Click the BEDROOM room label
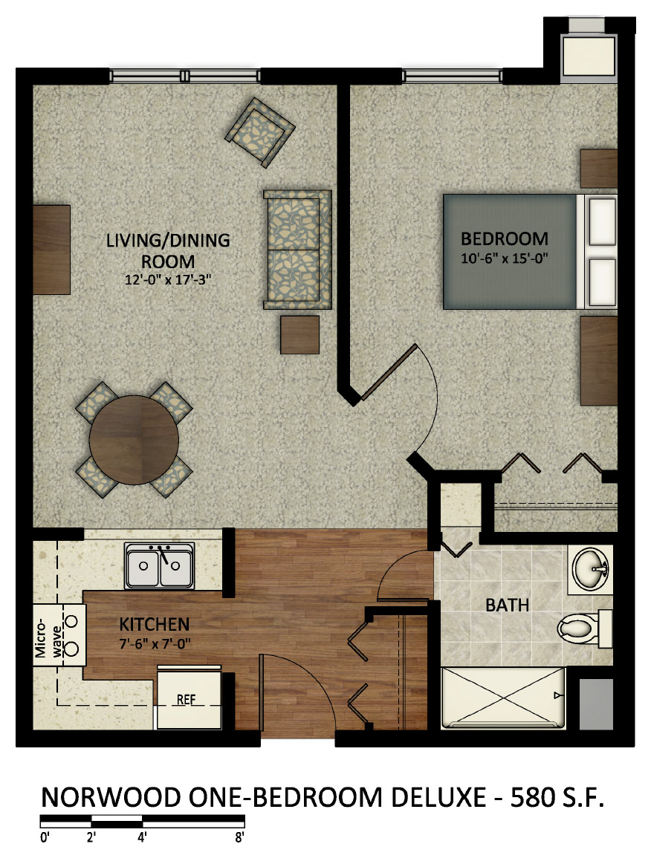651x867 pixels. pos(505,239)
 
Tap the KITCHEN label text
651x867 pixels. pos(155,624)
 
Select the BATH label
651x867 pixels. pos(507,605)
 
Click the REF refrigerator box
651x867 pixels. pos(190,698)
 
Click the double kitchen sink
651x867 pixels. pos(160,565)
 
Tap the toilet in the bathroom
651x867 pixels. pos(584,628)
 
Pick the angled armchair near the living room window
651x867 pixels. pos(260,132)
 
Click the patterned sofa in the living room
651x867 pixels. pos(297,250)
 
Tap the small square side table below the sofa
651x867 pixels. pos(299,334)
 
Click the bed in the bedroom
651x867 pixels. pos(530,251)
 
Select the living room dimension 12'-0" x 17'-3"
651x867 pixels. pos(168,280)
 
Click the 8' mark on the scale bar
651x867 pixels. pos(239,837)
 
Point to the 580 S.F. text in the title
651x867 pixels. pos(557,798)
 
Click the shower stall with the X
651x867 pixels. pos(503,698)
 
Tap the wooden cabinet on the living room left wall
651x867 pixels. pos(51,250)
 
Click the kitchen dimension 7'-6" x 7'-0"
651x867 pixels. pos(155,644)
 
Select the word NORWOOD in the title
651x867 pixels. pos(111,798)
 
